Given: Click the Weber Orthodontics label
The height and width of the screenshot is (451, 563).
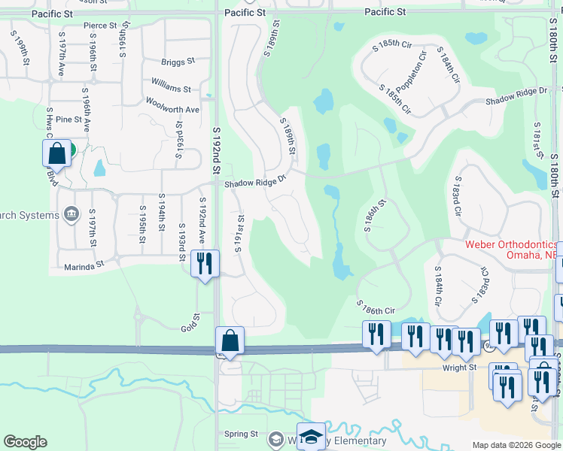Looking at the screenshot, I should click(x=511, y=244).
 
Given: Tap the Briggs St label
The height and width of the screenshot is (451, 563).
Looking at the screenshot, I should click(x=178, y=61).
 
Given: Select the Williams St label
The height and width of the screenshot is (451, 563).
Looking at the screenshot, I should click(x=171, y=89).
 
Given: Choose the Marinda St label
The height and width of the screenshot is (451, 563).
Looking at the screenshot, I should click(x=83, y=265).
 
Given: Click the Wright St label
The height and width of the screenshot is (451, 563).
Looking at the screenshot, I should click(x=462, y=367).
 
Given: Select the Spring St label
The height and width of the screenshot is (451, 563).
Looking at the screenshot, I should click(x=242, y=434).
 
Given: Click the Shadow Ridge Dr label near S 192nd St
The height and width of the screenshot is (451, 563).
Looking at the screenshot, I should click(x=256, y=180).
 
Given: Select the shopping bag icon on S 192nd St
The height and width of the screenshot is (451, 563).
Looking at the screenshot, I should click(x=230, y=341).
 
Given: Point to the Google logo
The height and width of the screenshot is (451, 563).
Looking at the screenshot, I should click(x=25, y=442).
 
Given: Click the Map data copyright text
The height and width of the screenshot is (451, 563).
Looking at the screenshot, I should click(x=516, y=445).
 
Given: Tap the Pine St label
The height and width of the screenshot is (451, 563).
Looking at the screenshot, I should click(x=68, y=119).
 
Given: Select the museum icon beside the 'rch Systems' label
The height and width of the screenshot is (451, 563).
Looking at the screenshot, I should click(x=72, y=215).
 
